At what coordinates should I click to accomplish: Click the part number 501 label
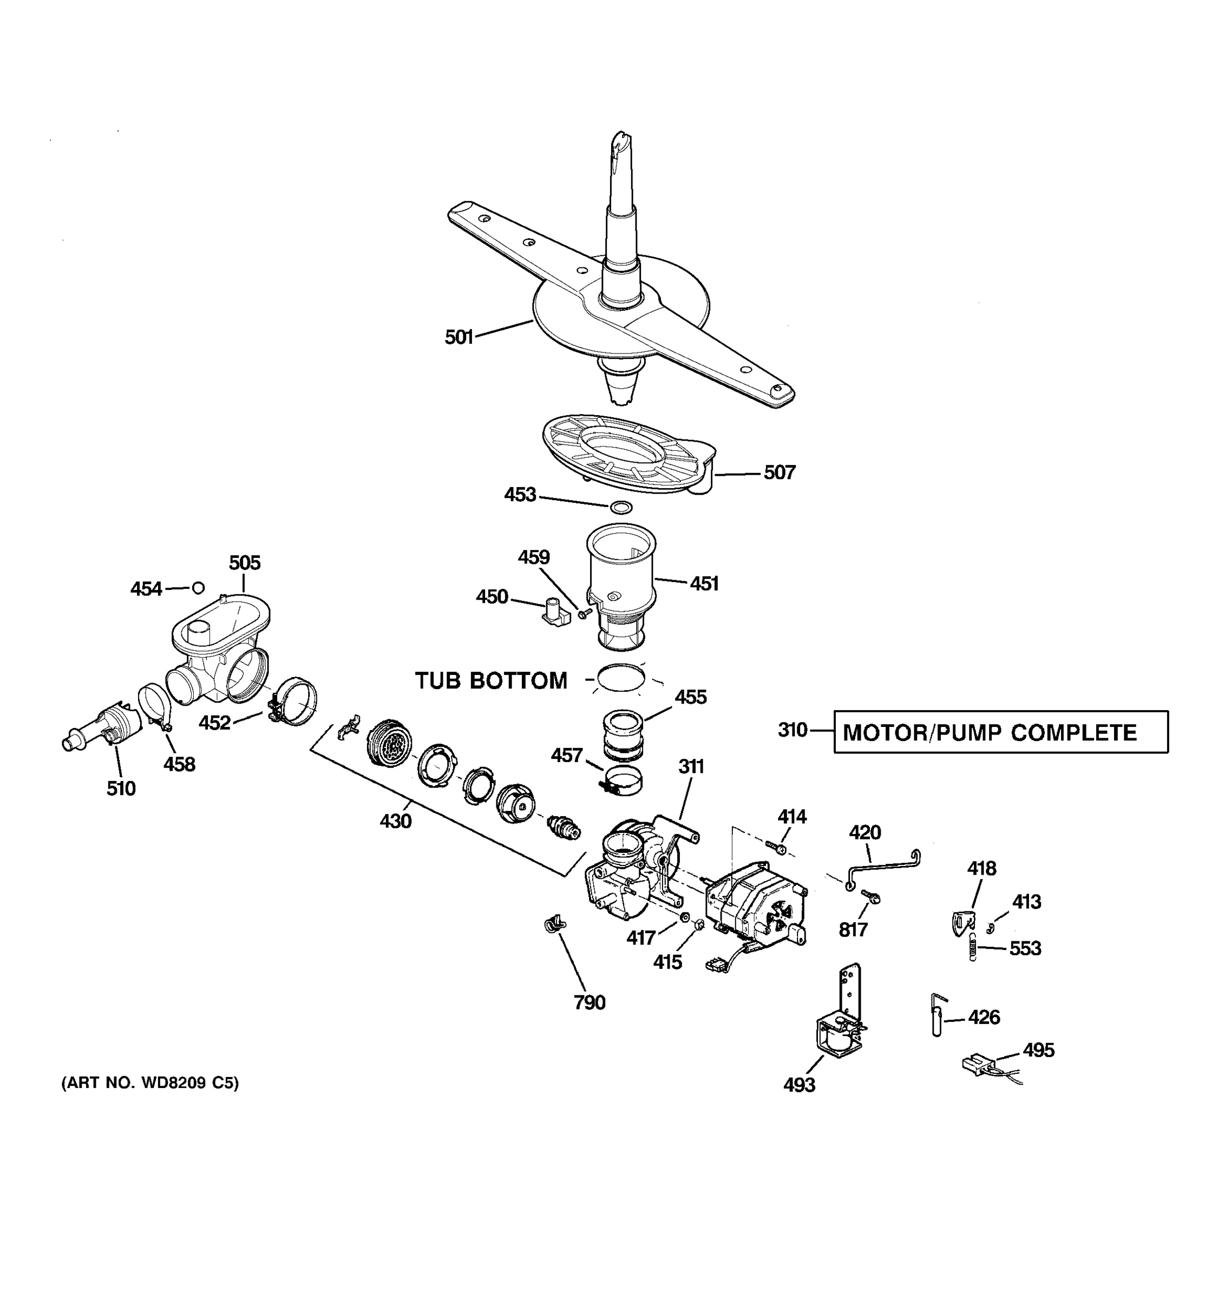click(459, 337)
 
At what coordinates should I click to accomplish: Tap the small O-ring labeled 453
click(621, 507)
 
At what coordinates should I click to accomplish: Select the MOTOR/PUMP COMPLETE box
click(1000, 732)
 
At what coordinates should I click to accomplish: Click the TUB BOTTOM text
click(492, 681)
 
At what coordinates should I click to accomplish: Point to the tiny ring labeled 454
click(198, 588)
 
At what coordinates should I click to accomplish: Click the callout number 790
click(590, 1002)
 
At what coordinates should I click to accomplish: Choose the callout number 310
click(793, 730)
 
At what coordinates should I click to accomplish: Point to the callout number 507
click(780, 473)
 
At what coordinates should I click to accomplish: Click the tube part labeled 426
click(937, 1016)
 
